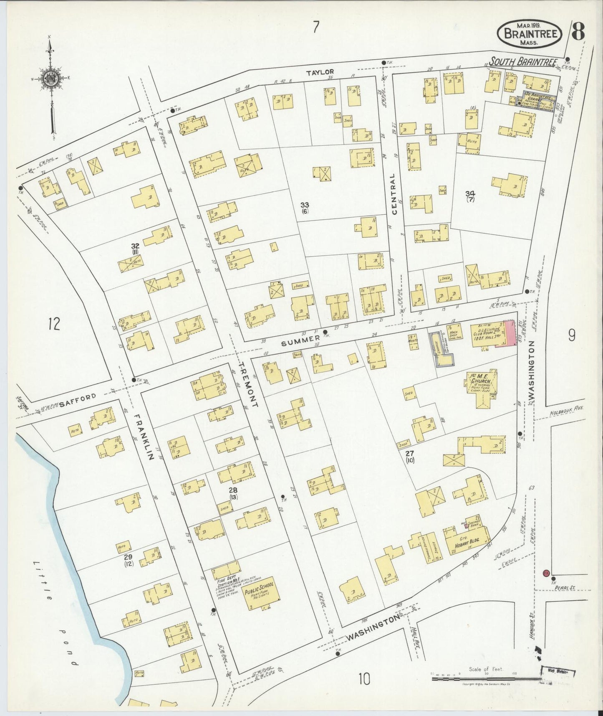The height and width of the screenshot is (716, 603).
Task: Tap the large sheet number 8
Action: point(578,31)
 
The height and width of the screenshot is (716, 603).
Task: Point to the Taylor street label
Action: point(320,72)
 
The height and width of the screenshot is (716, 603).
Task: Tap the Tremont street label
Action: point(249,384)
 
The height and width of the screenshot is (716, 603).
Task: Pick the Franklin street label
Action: point(144,436)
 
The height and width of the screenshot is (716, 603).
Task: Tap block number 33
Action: point(305,204)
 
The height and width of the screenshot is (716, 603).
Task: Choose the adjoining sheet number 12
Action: point(55,323)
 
